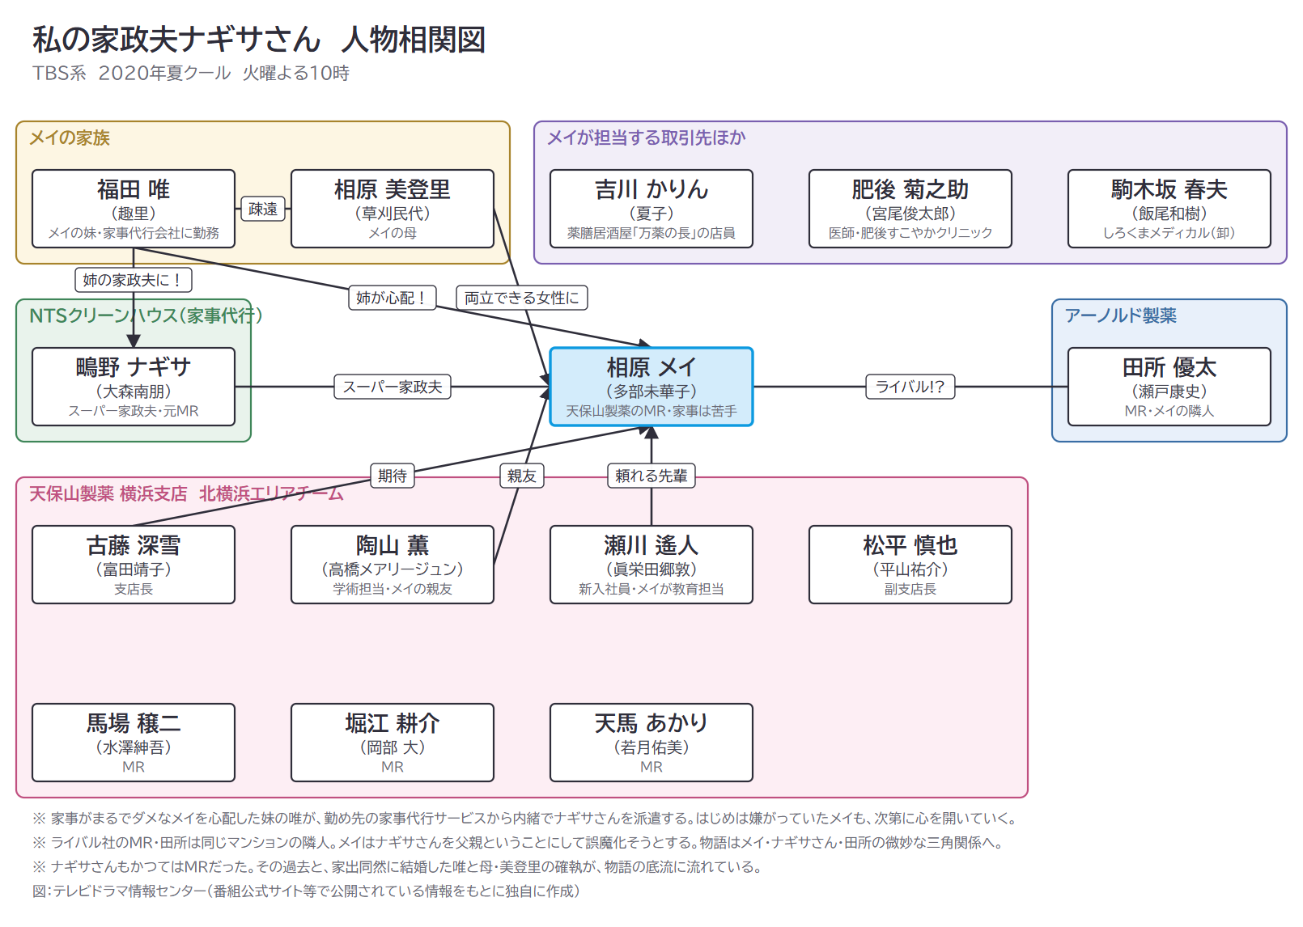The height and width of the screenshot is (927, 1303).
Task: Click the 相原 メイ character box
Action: click(x=651, y=387)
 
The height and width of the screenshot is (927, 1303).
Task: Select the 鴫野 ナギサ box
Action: click(x=134, y=387)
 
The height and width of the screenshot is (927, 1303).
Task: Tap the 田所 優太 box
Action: click(x=1169, y=387)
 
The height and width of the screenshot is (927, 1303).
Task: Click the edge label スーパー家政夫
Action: click(x=392, y=387)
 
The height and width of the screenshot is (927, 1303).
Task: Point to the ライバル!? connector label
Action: click(x=910, y=387)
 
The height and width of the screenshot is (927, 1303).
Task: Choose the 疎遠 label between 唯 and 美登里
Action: click(x=263, y=209)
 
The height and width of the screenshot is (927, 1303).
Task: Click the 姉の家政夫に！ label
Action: click(x=134, y=280)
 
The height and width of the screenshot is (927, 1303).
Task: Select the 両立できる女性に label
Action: click(x=522, y=298)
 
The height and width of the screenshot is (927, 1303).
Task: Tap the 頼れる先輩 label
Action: click(x=651, y=476)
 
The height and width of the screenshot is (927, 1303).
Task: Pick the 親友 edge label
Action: click(x=522, y=476)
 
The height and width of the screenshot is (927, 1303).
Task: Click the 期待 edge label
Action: click(x=392, y=476)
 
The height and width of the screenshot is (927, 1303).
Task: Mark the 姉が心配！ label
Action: click(x=392, y=298)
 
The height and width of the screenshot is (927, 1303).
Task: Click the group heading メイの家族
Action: click(x=70, y=138)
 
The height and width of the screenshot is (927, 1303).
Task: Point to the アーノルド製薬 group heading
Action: click(x=1120, y=315)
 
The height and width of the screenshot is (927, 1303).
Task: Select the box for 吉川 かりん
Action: click(x=651, y=209)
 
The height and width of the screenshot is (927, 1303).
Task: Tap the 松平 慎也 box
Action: click(x=910, y=565)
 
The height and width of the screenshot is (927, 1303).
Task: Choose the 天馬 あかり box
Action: click(x=651, y=743)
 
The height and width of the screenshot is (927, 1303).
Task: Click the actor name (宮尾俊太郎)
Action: click(x=910, y=214)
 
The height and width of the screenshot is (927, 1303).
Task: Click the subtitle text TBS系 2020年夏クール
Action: click(x=131, y=74)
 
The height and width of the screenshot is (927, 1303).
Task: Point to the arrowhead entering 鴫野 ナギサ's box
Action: click(x=134, y=341)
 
